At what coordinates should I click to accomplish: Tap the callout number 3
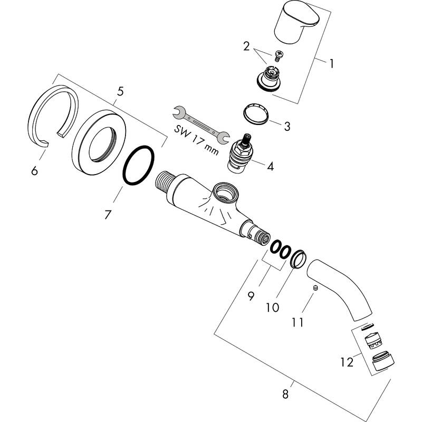pyautogui.click(x=287, y=126)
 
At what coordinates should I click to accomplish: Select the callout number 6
pyautogui.click(x=34, y=171)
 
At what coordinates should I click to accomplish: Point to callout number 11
pyautogui.click(x=298, y=322)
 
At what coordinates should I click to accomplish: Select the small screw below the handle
pyautogui.click(x=278, y=53)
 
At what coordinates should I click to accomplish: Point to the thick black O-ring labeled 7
pyautogui.click(x=139, y=166)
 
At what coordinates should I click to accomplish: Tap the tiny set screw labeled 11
pyautogui.click(x=314, y=289)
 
